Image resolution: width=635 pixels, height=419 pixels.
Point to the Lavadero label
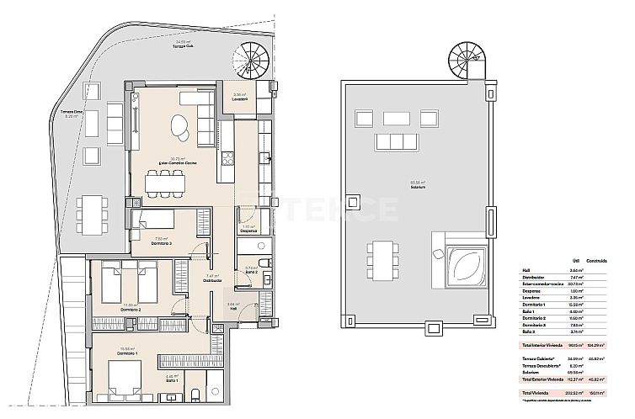(240, 99)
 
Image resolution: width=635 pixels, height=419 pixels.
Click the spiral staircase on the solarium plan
(465, 61)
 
